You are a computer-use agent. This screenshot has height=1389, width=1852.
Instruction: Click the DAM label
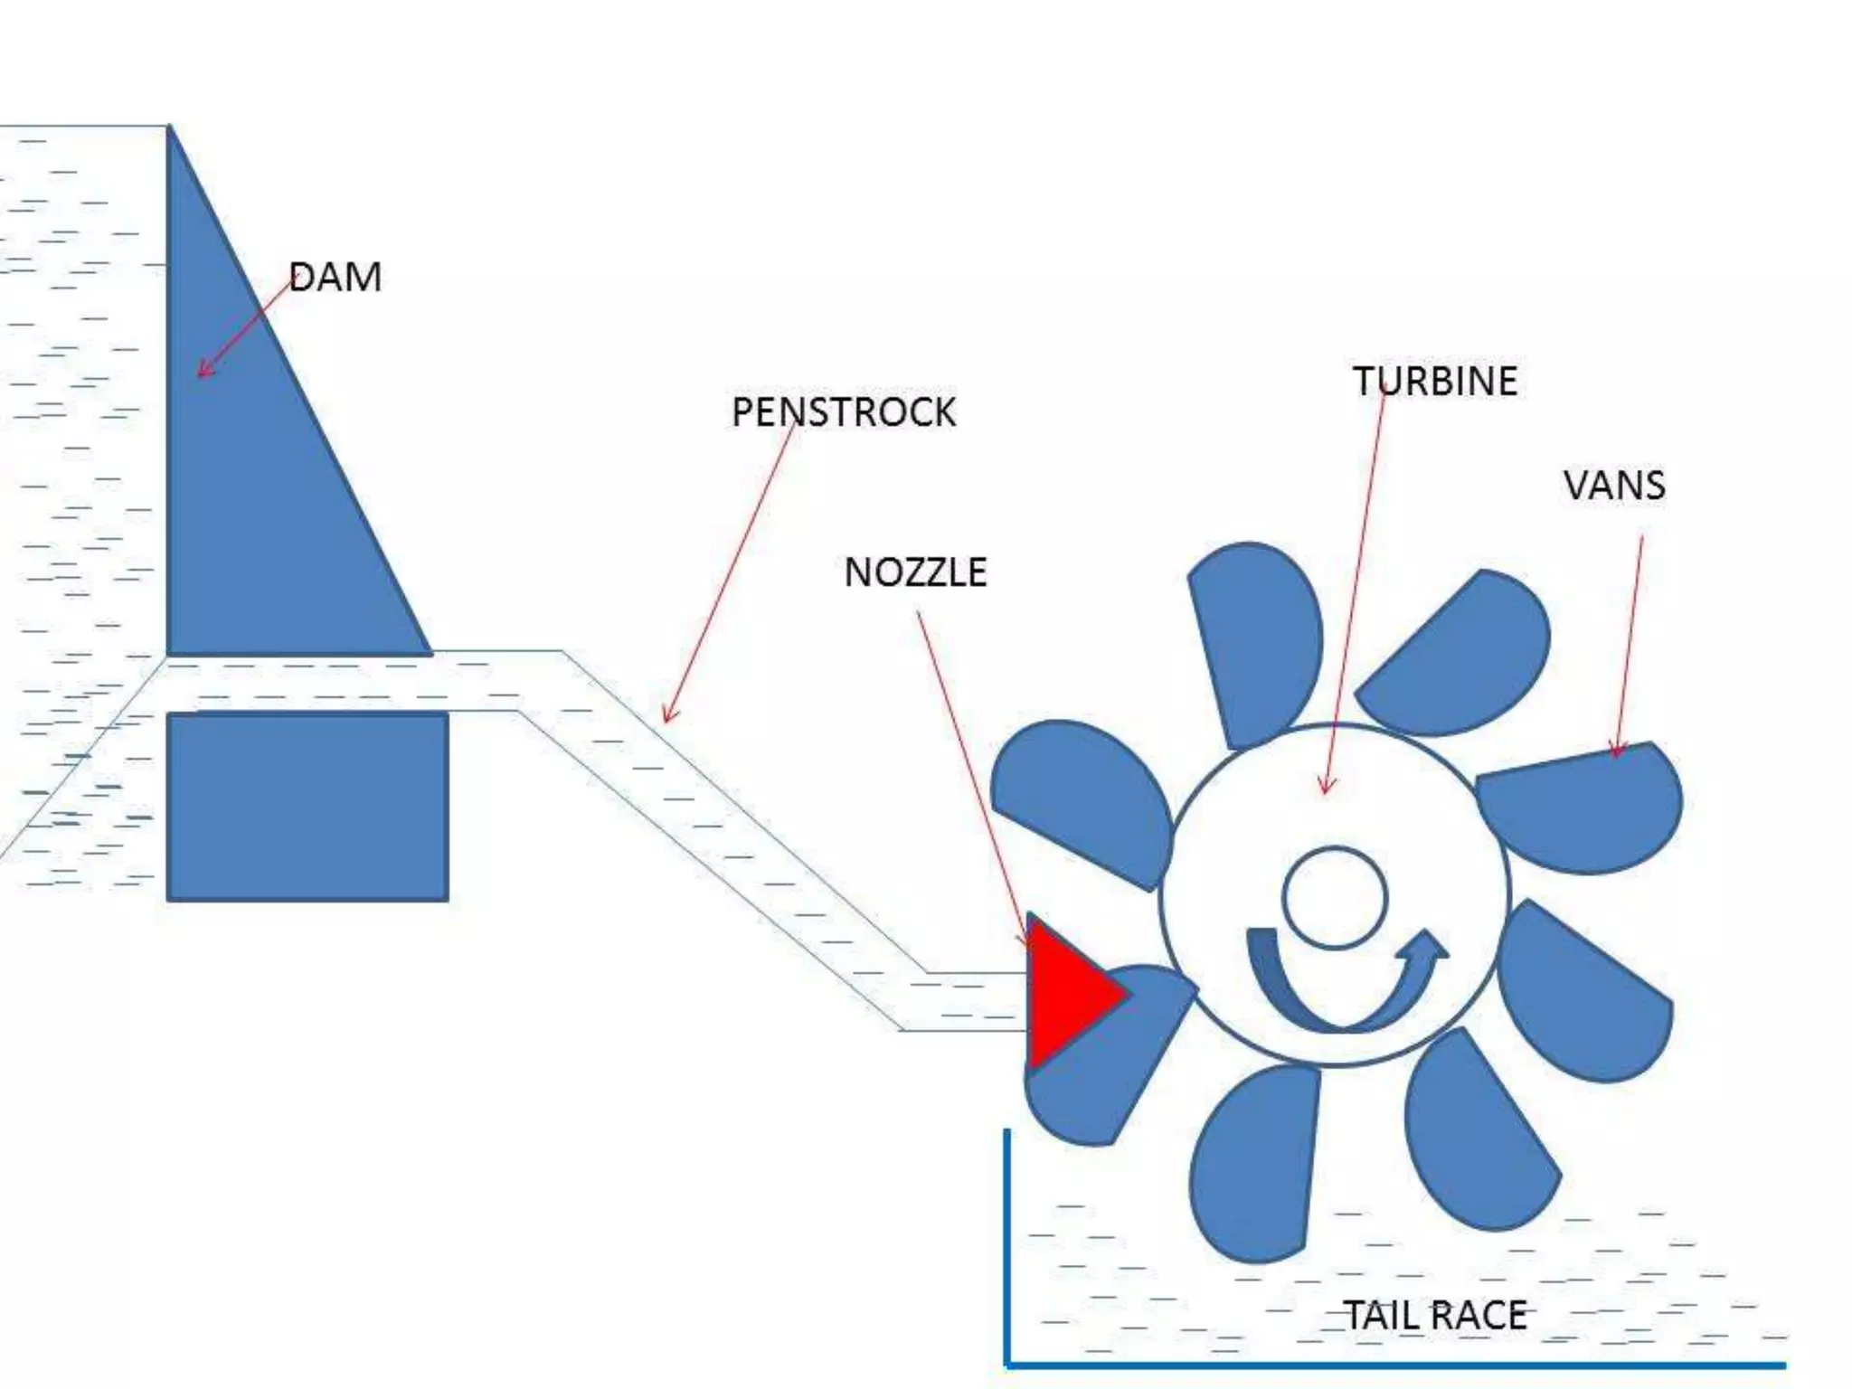(x=335, y=277)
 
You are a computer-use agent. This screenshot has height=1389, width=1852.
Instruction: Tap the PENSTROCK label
(x=843, y=412)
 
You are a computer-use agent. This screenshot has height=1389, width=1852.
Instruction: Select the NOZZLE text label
(x=915, y=572)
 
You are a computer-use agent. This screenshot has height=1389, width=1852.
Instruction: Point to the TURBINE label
(x=1435, y=381)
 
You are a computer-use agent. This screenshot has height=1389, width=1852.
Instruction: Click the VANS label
(x=1614, y=486)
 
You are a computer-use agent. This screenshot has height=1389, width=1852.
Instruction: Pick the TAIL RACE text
(x=1435, y=1315)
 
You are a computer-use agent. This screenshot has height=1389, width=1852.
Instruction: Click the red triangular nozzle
(x=1067, y=992)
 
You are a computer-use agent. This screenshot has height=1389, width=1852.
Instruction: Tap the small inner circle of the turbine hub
(x=1335, y=898)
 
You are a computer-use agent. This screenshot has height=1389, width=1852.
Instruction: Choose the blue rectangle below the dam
(x=307, y=807)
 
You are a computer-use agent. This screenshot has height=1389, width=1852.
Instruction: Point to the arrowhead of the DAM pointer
(x=203, y=372)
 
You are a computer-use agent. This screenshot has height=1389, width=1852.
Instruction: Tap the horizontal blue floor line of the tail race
(x=1393, y=1365)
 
